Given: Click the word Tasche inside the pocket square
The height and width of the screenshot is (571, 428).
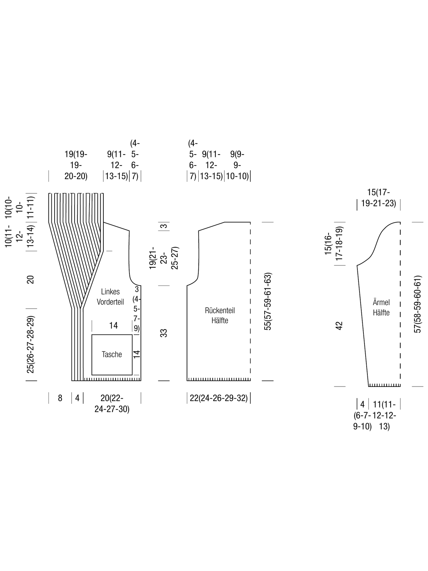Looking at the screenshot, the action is tap(112, 354).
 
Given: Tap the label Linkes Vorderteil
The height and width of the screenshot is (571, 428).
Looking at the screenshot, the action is tap(110, 297).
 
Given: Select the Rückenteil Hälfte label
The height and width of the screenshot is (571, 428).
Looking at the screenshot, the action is tap(220, 315).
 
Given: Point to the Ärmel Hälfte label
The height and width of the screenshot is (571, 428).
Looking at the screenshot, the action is tap(381, 307).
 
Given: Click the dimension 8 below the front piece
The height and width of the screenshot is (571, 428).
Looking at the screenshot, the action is tap(60, 398).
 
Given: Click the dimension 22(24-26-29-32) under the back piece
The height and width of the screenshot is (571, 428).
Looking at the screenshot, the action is tap(219, 398).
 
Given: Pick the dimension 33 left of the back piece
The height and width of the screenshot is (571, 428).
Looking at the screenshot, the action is tap(164, 333).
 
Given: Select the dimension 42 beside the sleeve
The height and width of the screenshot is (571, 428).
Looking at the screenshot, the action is tap(339, 326).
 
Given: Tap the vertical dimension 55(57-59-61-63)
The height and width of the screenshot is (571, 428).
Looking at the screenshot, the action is tap(267, 302).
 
